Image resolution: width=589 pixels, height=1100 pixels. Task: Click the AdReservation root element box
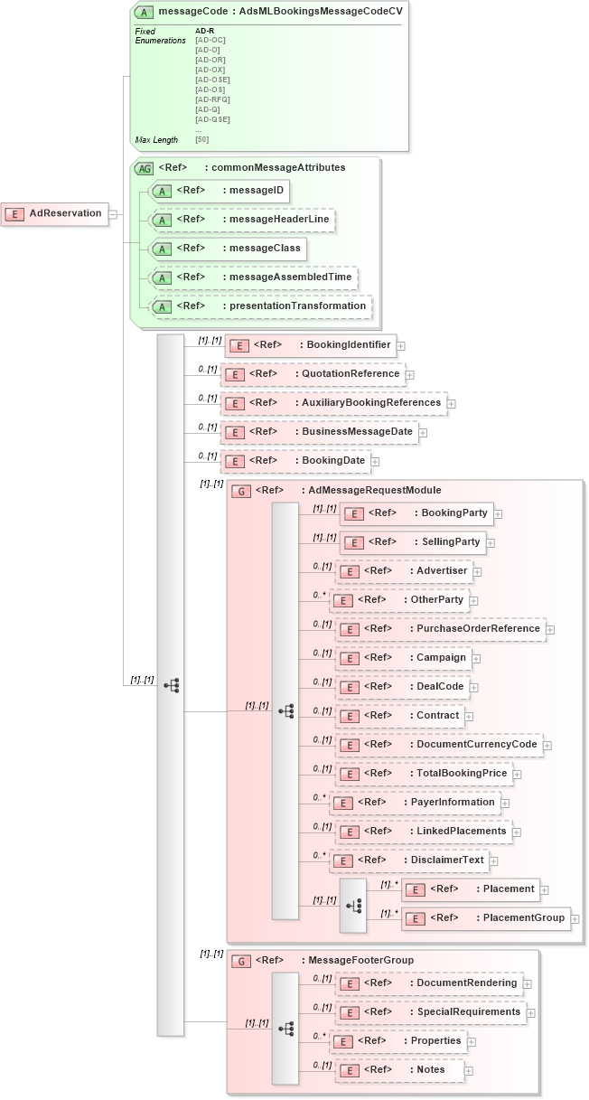point(55,214)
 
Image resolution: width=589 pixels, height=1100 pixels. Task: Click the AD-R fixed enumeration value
point(205,31)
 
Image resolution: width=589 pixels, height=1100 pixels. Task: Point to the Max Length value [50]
point(201,140)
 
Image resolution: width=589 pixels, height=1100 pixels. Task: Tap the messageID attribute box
point(220,191)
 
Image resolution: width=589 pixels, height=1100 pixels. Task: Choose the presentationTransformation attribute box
point(261,306)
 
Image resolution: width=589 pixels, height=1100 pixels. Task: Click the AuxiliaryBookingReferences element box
point(334,403)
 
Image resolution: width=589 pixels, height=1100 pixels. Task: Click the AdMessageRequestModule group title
point(370,490)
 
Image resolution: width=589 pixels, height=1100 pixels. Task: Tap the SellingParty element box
point(414,542)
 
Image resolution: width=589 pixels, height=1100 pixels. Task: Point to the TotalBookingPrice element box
point(424,774)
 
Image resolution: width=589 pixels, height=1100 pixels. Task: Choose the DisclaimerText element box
point(409,860)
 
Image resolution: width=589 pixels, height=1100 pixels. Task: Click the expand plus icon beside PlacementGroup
point(575,918)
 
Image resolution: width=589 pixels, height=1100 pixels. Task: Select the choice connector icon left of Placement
point(353,904)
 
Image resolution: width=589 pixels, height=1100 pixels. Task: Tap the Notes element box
point(399,1070)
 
